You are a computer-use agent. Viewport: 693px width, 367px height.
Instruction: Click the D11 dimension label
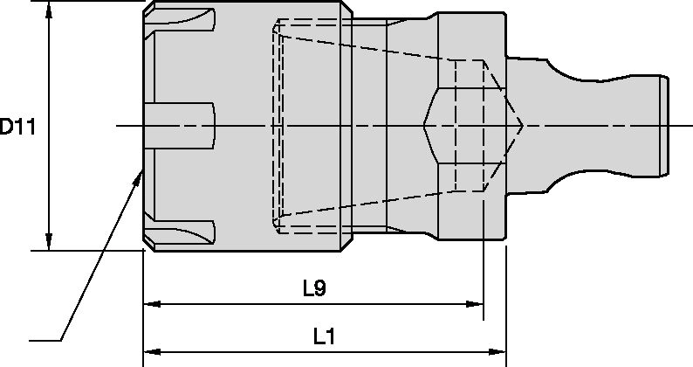point(17,127)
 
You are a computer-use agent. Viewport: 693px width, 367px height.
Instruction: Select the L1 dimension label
point(324,336)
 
